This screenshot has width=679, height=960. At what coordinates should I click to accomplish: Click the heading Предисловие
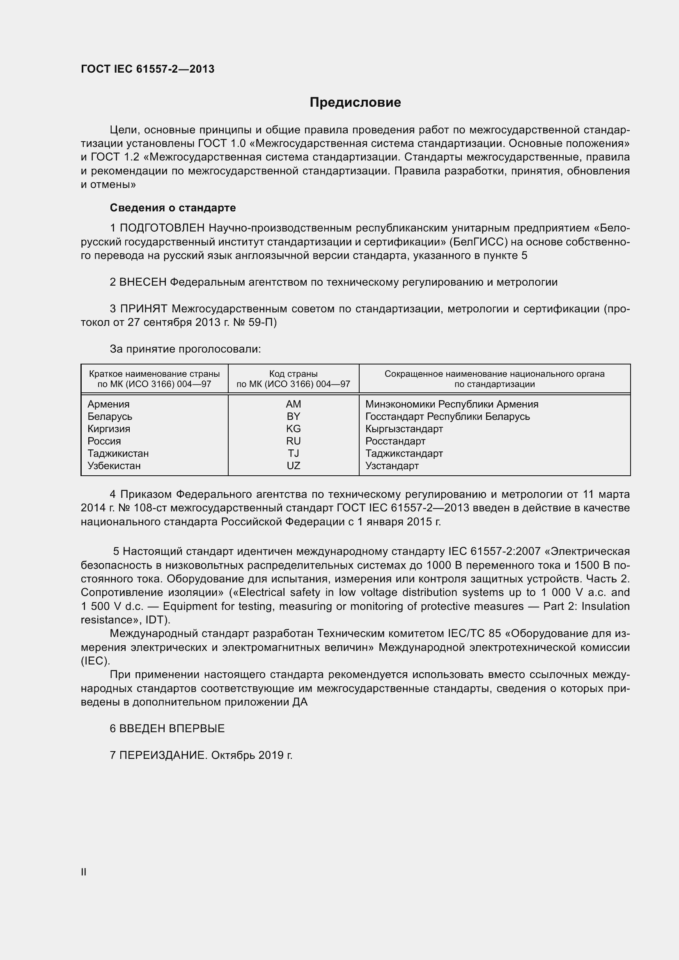pyautogui.click(x=355, y=103)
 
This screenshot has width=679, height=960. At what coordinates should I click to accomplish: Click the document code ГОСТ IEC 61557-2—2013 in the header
pyautogui.click(x=148, y=69)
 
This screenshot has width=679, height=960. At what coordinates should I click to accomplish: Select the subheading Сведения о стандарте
pyautogui.click(x=173, y=208)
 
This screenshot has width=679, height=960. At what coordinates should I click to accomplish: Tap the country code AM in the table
pyautogui.click(x=294, y=404)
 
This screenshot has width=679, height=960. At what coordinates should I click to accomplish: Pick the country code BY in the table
pyautogui.click(x=294, y=417)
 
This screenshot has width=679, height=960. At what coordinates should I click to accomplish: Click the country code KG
pyautogui.click(x=294, y=428)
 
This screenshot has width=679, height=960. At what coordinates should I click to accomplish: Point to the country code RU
pyautogui.click(x=294, y=441)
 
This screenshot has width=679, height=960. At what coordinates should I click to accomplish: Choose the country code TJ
pyautogui.click(x=294, y=453)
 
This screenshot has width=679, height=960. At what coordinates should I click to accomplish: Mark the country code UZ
pyautogui.click(x=294, y=466)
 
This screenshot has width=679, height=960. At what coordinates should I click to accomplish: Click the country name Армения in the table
pyautogui.click(x=108, y=404)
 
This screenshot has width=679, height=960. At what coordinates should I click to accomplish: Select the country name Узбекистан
pyautogui.click(x=114, y=466)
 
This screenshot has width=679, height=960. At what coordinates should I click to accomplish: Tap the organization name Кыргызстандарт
pyautogui.click(x=404, y=428)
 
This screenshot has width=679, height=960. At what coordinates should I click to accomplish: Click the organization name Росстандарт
pyautogui.click(x=395, y=441)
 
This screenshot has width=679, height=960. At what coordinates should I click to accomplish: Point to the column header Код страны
pyautogui.click(x=293, y=374)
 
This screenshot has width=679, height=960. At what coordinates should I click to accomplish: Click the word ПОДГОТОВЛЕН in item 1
pyautogui.click(x=162, y=228)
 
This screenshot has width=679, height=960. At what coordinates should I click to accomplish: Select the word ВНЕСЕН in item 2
pyautogui.click(x=143, y=282)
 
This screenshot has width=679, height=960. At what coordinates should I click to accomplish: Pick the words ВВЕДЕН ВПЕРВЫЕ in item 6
pyautogui.click(x=172, y=729)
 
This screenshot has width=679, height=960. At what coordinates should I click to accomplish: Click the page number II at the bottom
pyautogui.click(x=84, y=872)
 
